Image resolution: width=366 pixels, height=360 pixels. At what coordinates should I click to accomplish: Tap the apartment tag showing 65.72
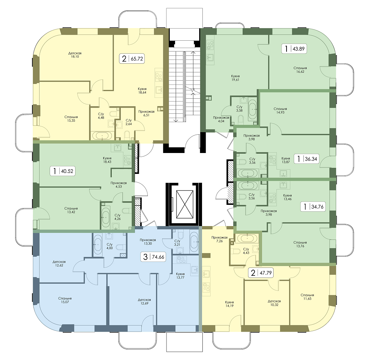(x=132, y=58)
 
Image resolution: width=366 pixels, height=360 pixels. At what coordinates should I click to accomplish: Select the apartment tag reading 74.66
(x=154, y=257)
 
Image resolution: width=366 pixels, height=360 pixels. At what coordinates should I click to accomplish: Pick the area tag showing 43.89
(x=294, y=49)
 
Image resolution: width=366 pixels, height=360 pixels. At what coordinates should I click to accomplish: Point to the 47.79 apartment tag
(x=261, y=273)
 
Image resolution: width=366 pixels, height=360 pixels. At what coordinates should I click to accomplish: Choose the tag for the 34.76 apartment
(x=313, y=207)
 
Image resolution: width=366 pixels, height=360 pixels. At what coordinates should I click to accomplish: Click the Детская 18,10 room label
(x=75, y=55)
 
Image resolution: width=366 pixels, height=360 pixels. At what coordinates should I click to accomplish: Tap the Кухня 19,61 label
(x=235, y=78)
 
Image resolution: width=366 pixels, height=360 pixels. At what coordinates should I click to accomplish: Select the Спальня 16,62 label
(x=300, y=70)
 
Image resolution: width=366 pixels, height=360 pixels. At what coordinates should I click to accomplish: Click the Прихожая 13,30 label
(x=148, y=242)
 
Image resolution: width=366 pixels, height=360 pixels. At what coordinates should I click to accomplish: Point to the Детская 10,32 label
(x=274, y=303)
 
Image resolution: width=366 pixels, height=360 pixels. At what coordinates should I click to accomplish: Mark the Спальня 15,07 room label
(x=65, y=300)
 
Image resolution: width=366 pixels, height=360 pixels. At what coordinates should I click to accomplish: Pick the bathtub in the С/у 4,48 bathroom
(x=102, y=136)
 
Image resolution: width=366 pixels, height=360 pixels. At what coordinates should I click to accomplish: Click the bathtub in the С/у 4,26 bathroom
(x=106, y=217)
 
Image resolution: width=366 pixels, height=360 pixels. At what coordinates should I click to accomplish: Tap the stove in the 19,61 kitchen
(x=210, y=45)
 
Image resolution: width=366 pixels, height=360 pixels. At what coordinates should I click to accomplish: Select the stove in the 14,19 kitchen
(x=206, y=287)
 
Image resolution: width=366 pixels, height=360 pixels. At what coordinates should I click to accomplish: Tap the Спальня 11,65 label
(x=307, y=297)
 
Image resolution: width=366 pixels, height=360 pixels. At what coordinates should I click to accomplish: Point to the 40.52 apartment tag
(x=63, y=171)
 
